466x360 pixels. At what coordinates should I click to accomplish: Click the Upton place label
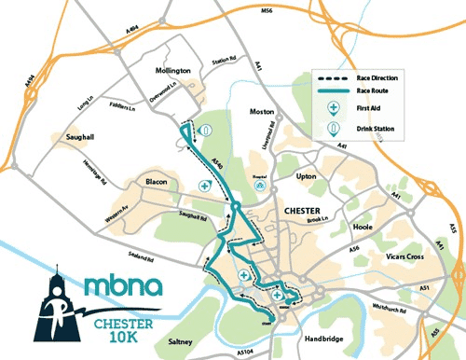coord(308,174)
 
